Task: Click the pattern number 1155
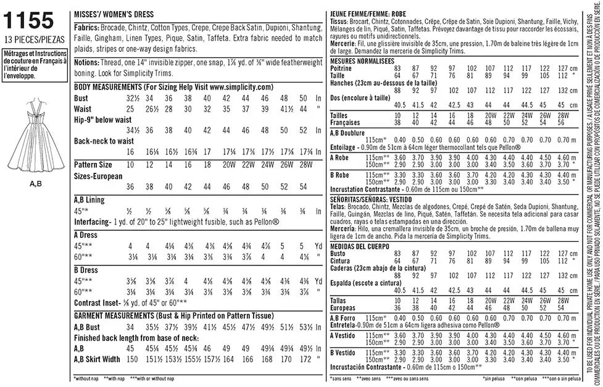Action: tap(28, 22)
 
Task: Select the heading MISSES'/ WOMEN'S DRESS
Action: tap(114, 14)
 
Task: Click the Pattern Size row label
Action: tap(93, 165)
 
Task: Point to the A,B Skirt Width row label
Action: tap(98, 359)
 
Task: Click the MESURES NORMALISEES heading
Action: tap(363, 61)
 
